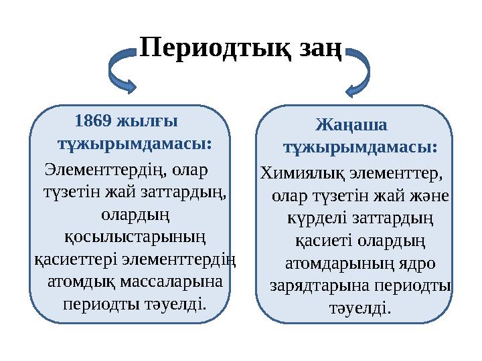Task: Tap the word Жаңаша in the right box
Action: pos(351,125)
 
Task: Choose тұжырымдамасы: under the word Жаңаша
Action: pos(360,146)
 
